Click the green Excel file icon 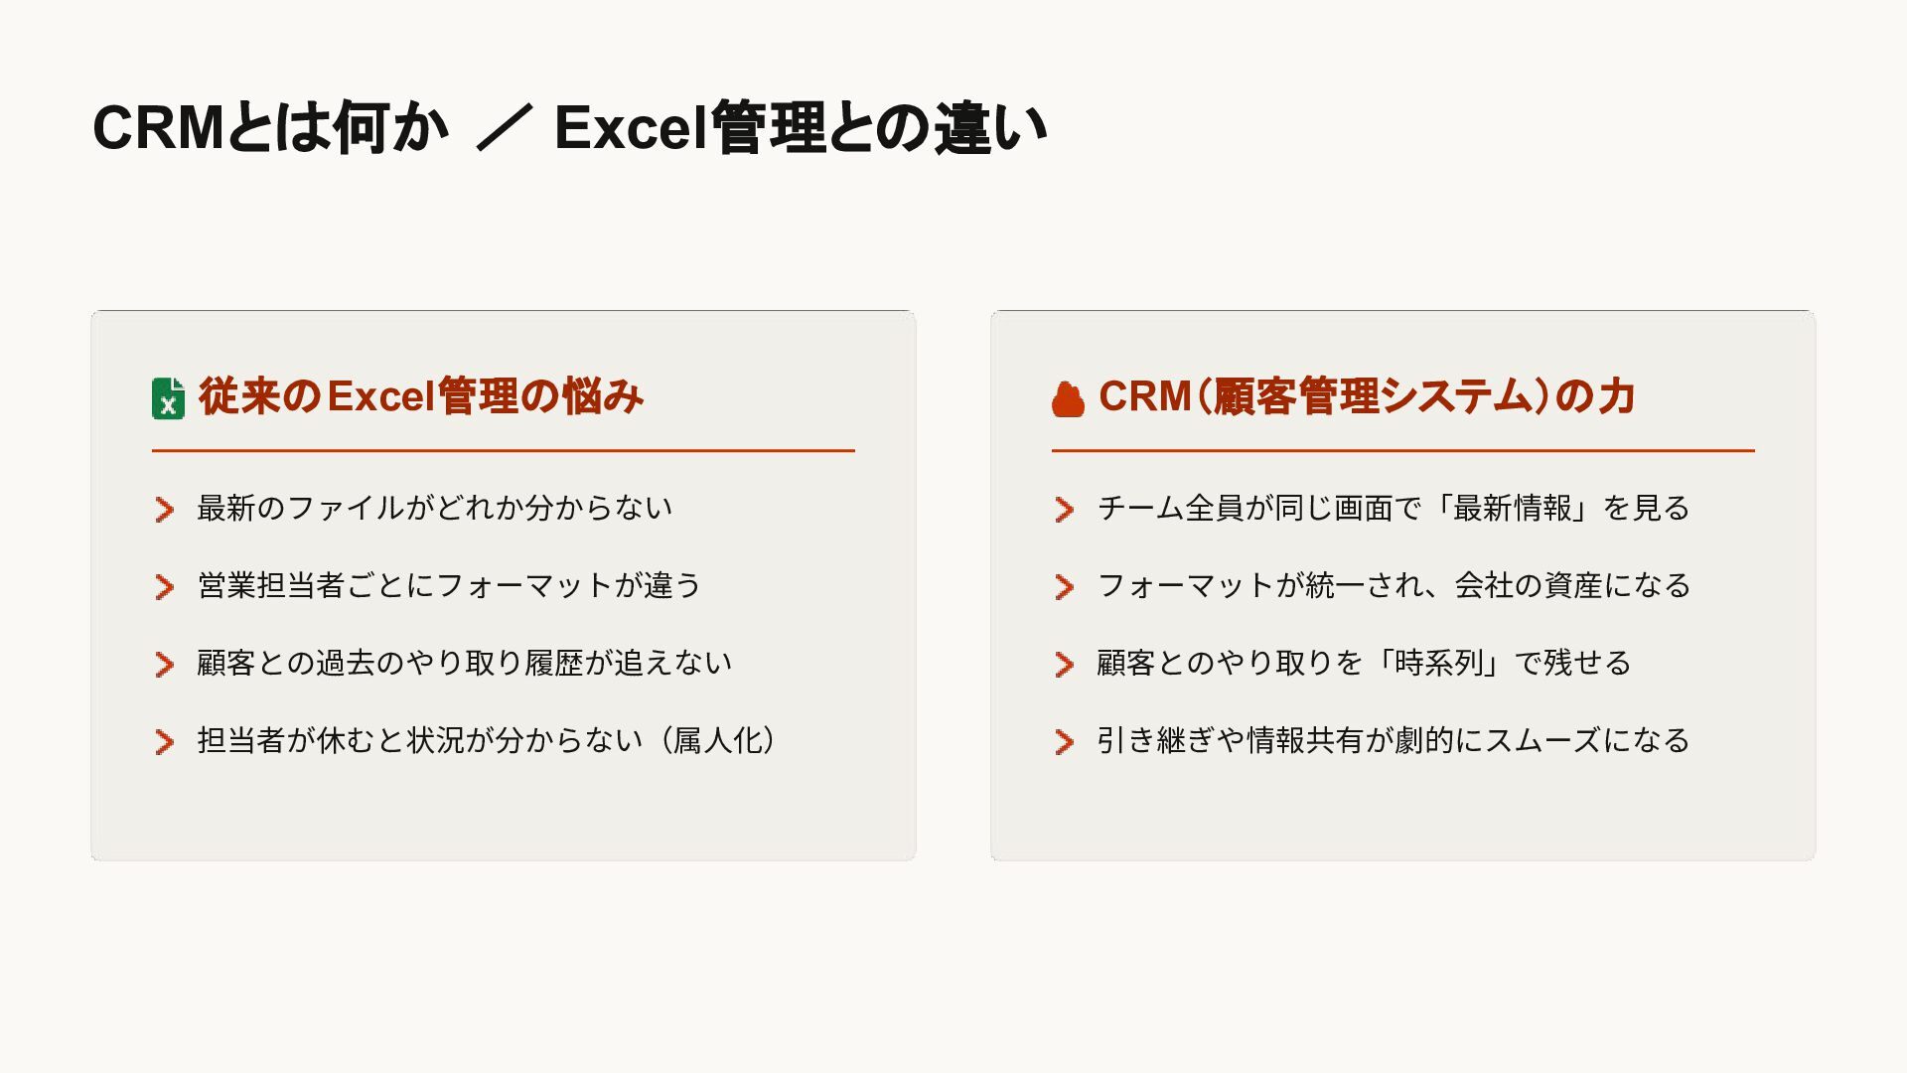point(168,398)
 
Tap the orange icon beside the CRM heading point(1068,399)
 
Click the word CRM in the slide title point(158,128)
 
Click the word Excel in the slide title point(630,128)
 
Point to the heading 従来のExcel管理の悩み point(421,396)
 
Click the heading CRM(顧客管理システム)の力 point(1367,396)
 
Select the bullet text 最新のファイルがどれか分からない point(434,509)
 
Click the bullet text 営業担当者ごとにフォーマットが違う point(449,586)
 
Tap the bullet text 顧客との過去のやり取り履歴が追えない point(464,664)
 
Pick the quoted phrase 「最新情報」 point(1513,509)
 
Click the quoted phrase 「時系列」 point(1439,664)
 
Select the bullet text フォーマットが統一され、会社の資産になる point(1394,586)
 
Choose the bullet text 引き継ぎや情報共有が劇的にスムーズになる point(1393,741)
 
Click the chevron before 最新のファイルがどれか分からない point(165,510)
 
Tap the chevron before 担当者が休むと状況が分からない point(165,742)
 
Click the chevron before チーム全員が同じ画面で point(1065,510)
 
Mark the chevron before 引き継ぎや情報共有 point(1065,742)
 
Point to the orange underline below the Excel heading point(503,451)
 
